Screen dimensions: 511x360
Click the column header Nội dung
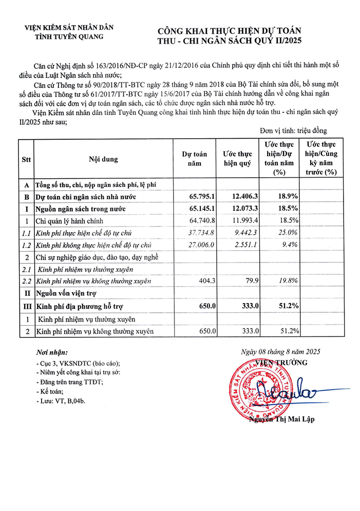click(103, 159)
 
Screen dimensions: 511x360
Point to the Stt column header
click(26, 159)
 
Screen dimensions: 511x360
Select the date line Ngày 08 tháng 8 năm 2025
click(280, 352)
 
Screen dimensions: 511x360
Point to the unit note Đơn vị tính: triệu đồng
click(293, 131)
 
